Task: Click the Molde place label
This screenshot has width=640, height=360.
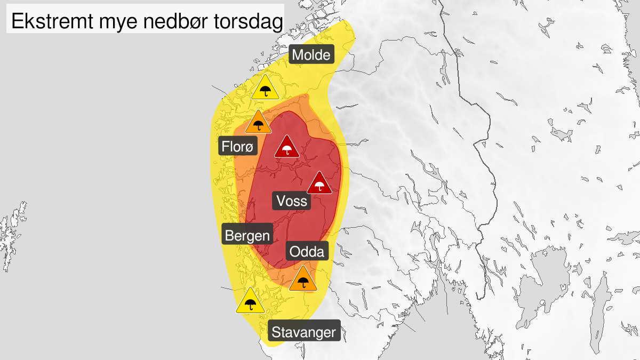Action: click(x=312, y=55)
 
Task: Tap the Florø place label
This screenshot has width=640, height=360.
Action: click(x=238, y=146)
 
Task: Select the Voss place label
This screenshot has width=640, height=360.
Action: click(x=292, y=201)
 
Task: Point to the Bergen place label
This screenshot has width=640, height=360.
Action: click(x=247, y=235)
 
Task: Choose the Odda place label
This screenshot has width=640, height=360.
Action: click(x=307, y=251)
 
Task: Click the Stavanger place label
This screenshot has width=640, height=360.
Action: click(x=304, y=333)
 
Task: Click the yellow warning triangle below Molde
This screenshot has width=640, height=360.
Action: click(x=266, y=88)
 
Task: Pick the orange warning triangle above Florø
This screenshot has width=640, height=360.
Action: click(x=259, y=123)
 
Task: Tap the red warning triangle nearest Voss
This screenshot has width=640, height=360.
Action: click(x=319, y=184)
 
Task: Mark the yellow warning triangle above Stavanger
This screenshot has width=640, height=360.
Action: click(x=250, y=302)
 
